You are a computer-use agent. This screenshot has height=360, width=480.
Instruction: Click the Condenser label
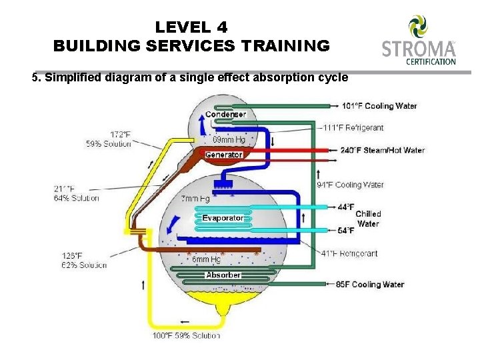225,114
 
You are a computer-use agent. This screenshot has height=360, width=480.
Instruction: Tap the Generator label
224,155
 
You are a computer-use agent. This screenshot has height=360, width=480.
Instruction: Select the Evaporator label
223,218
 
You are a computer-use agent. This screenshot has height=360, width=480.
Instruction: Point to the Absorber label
223,275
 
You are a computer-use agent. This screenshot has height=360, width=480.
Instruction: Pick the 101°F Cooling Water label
379,106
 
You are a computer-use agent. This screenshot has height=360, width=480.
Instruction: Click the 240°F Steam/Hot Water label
382,150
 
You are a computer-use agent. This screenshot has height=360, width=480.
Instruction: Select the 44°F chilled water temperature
346,207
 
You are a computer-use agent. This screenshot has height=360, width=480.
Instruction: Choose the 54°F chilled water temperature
346,231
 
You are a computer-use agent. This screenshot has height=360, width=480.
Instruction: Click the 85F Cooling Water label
370,284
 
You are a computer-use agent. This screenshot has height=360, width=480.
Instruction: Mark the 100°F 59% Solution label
186,335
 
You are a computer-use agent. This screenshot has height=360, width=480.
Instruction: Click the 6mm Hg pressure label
206,259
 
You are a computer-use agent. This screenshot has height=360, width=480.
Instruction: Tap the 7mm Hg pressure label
195,199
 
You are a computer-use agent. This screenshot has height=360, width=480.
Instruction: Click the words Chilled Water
368,219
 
